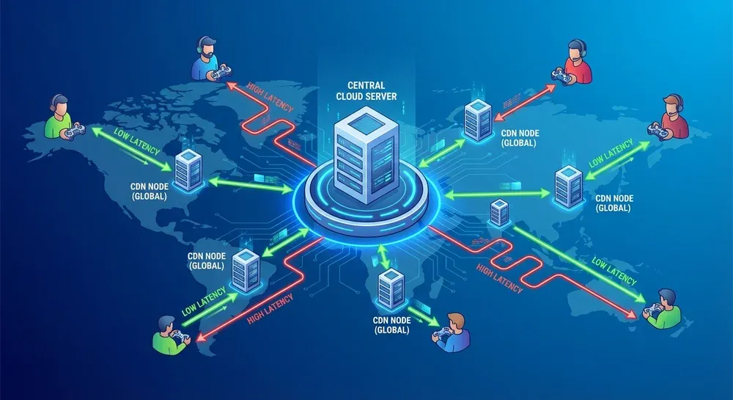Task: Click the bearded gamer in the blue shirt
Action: coord(208,60)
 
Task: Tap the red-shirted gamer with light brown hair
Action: coord(672,117)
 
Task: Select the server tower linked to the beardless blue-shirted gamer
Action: coord(389,290)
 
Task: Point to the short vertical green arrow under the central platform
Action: coord(383,256)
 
